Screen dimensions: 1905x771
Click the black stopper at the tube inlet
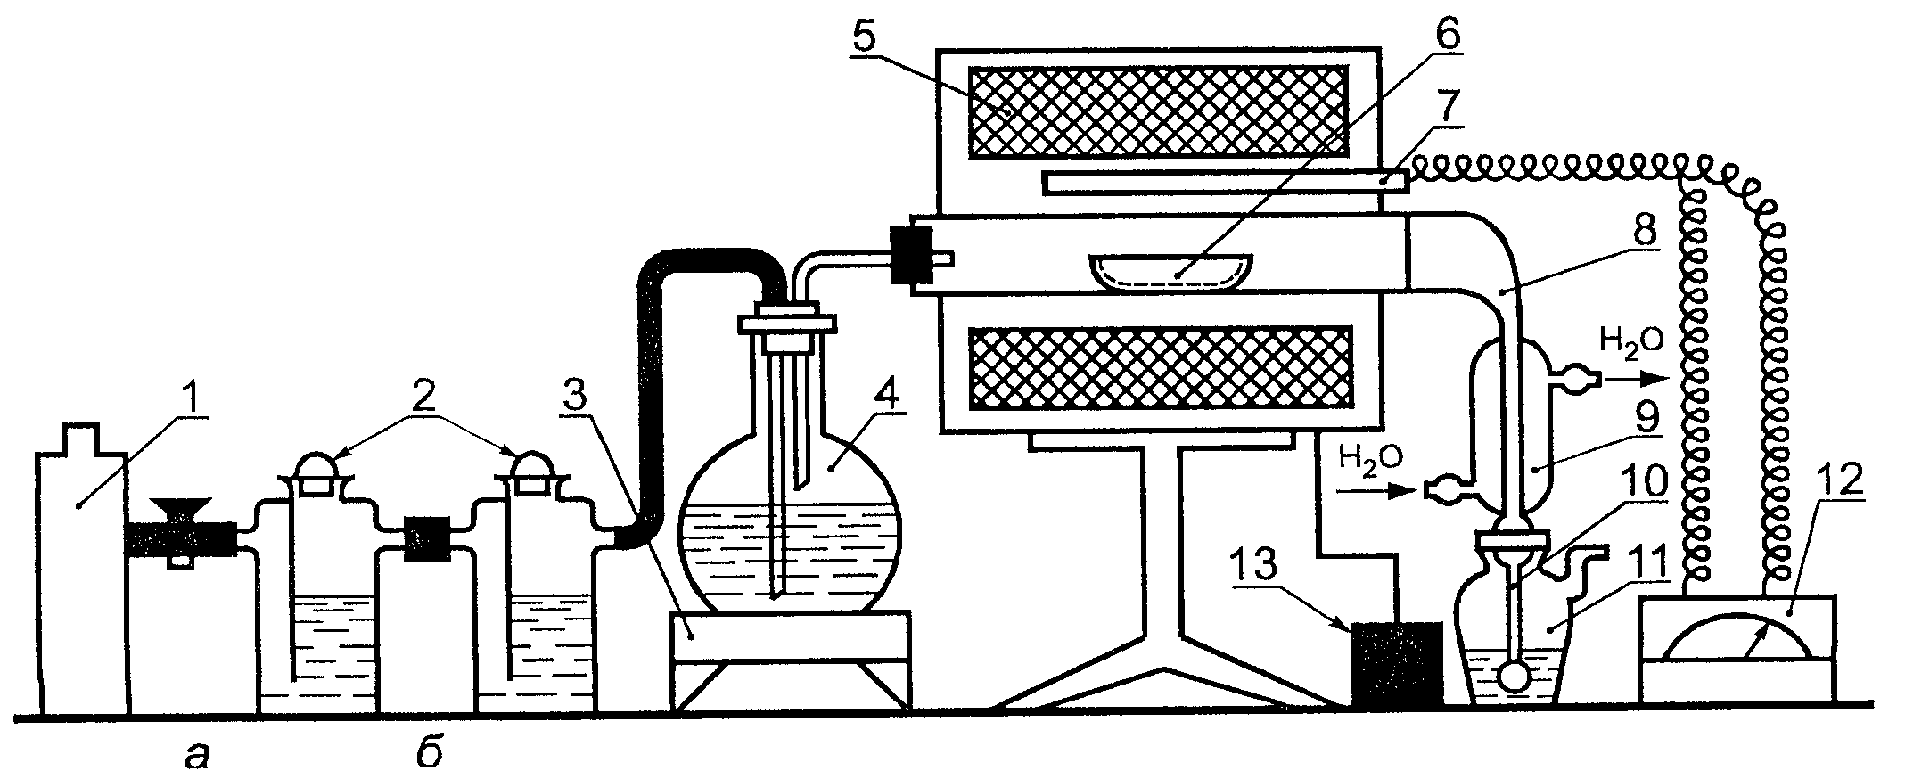910,258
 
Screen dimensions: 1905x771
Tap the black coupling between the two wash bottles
423,539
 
